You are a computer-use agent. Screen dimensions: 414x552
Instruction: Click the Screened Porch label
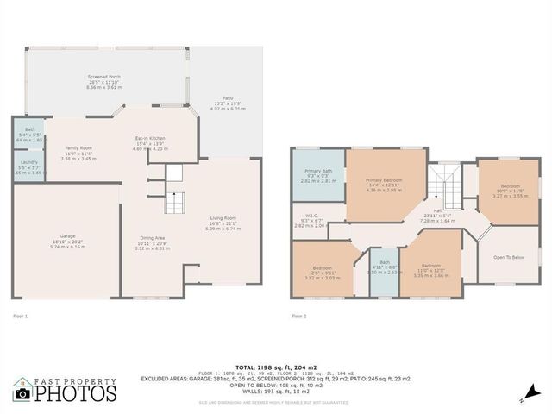tap(103, 77)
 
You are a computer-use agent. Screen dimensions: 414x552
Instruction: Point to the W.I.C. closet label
tap(311, 216)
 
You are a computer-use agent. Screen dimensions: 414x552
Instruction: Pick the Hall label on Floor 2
tap(437, 210)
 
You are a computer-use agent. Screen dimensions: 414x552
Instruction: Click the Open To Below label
tap(509, 257)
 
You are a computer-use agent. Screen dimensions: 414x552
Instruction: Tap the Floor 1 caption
tap(21, 317)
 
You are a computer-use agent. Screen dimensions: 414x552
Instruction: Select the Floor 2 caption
tap(299, 317)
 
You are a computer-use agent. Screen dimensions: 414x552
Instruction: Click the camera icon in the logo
tap(23, 392)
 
